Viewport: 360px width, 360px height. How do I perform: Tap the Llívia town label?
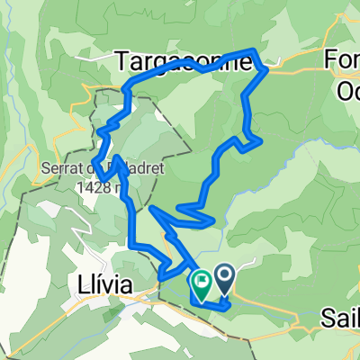pyautogui.click(x=101, y=285)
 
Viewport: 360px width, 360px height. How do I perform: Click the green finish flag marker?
pyautogui.click(x=200, y=283)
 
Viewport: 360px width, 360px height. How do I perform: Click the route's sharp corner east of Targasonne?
pyautogui.click(x=264, y=68)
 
